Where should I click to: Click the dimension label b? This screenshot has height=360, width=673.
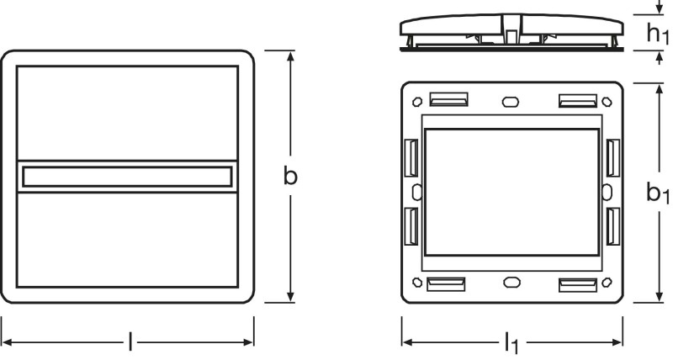pyautogui.click(x=290, y=176)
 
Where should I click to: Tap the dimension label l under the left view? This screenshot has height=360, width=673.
pyautogui.click(x=130, y=342)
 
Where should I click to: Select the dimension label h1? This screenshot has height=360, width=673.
pyautogui.click(x=658, y=33)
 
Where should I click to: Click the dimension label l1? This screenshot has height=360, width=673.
pyautogui.click(x=511, y=342)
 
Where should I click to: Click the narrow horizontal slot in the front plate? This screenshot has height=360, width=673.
pyautogui.click(x=127, y=177)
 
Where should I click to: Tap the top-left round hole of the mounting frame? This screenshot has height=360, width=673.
pyautogui.click(x=417, y=102)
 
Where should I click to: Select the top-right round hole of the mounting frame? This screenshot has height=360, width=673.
pyautogui.click(x=607, y=102)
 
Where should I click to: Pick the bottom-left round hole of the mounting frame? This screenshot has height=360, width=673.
pyautogui.click(x=417, y=283)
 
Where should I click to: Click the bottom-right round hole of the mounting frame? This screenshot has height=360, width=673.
pyautogui.click(x=607, y=283)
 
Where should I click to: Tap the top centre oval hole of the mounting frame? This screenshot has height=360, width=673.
pyautogui.click(x=511, y=102)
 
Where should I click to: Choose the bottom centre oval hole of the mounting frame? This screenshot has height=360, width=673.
pyautogui.click(x=511, y=283)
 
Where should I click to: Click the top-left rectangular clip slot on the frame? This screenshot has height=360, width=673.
pyautogui.click(x=448, y=99)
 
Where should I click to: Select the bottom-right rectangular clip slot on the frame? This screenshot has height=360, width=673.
pyautogui.click(x=578, y=285)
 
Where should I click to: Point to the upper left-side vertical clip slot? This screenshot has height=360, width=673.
pyautogui.click(x=411, y=157)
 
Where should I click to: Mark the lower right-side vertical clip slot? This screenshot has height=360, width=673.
pyautogui.click(x=613, y=226)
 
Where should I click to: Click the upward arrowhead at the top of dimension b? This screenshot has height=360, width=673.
pyautogui.click(x=290, y=56)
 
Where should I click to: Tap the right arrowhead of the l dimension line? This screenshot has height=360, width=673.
pyautogui.click(x=248, y=342)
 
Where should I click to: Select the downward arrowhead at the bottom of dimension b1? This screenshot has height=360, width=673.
pyautogui.click(x=660, y=297)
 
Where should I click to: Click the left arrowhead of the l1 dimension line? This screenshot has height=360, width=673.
pyautogui.click(x=408, y=342)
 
